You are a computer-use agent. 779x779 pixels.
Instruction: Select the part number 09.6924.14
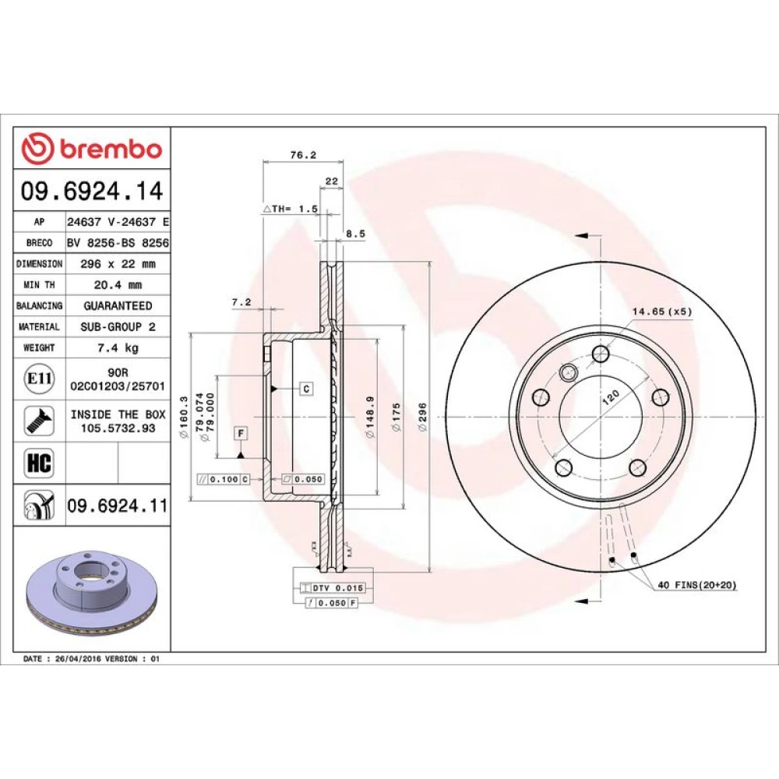(92, 192)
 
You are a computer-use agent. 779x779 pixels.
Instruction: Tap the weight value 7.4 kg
(118, 347)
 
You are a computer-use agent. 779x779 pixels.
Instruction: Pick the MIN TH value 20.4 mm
(118, 285)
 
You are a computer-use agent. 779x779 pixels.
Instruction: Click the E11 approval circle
(39, 379)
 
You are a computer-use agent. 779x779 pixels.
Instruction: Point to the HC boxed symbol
(39, 463)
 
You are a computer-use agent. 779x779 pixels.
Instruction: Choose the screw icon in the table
(39, 421)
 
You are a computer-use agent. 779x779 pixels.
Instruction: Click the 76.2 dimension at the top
(303, 155)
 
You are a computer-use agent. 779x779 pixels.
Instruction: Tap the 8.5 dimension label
(356, 234)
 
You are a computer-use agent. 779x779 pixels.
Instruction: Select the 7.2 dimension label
(241, 302)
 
